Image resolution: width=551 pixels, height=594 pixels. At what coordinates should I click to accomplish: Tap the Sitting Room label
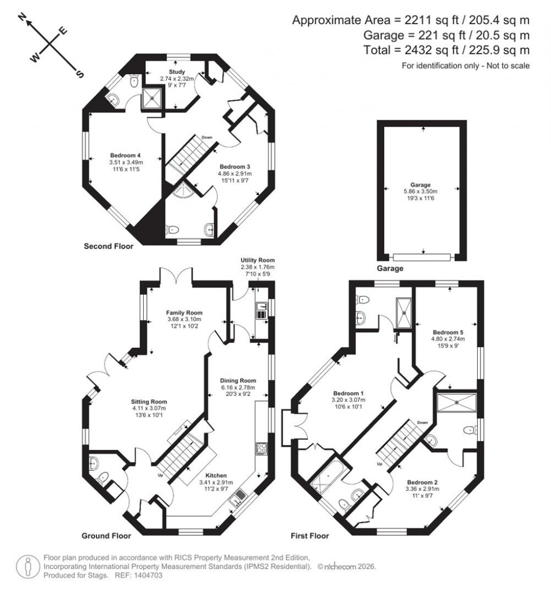(150, 401)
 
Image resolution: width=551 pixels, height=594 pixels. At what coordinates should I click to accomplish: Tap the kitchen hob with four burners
(262, 448)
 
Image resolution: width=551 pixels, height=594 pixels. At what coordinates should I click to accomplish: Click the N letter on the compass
(23, 18)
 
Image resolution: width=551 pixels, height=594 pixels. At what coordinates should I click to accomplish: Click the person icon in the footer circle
(26, 567)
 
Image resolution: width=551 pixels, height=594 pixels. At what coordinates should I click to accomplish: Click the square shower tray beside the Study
(152, 97)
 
